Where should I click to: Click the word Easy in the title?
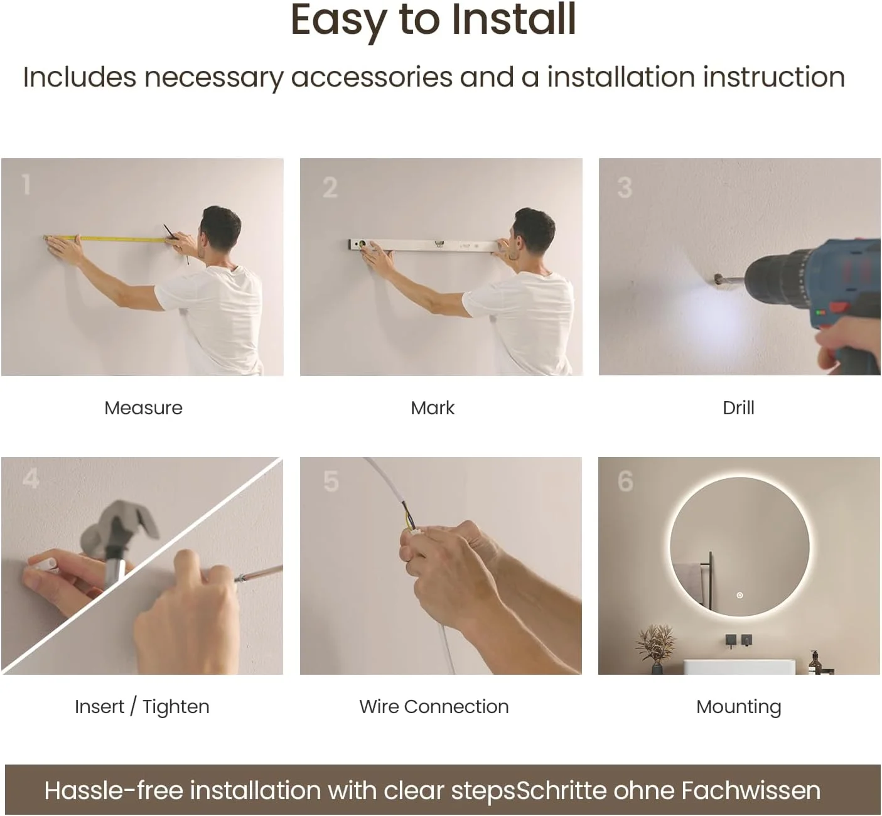tap(339, 21)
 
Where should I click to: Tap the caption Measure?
tap(144, 408)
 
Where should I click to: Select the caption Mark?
tap(433, 408)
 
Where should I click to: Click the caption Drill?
tap(738, 408)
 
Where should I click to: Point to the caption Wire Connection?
tap(434, 706)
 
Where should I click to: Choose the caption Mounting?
tap(738, 707)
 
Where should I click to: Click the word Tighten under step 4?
tap(176, 707)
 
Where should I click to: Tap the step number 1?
tap(26, 185)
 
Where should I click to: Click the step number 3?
tap(625, 188)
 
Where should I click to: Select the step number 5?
tap(331, 481)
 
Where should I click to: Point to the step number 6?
tap(625, 481)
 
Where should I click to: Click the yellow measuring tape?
tap(107, 239)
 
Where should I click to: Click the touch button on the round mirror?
tap(739, 595)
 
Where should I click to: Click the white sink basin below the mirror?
tap(733, 667)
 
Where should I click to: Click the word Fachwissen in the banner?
tap(751, 790)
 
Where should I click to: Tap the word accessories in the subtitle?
tap(372, 77)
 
